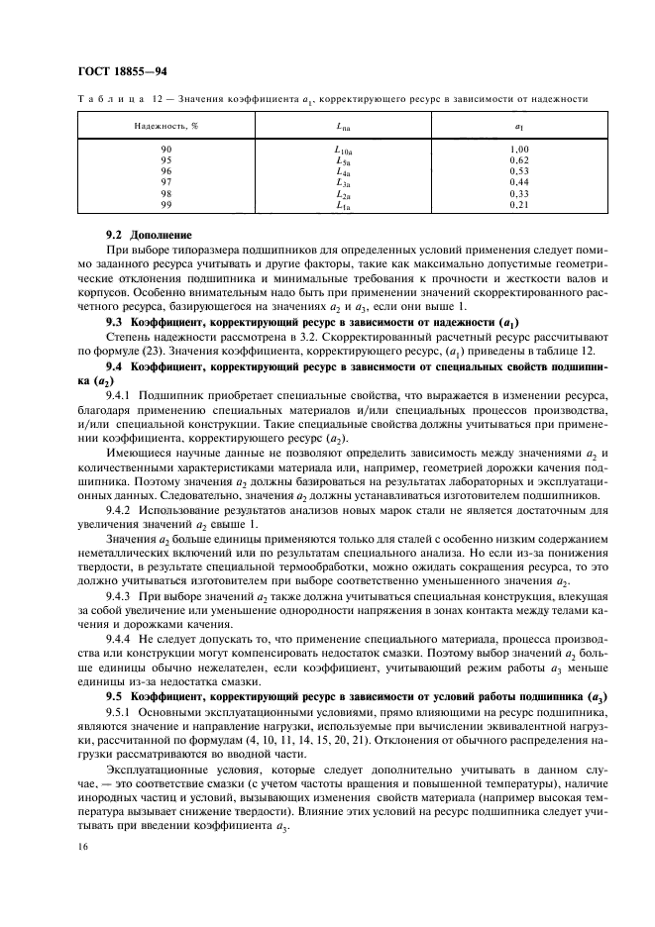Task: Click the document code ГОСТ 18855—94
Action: pyautogui.click(x=108, y=73)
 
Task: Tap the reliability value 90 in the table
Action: pyautogui.click(x=166, y=149)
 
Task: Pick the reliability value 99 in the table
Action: pyautogui.click(x=166, y=205)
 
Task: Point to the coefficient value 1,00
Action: pyautogui.click(x=518, y=149)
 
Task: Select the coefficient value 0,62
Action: pyautogui.click(x=518, y=159)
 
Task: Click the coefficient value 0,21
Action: pyautogui.click(x=518, y=205)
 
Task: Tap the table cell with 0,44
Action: pyautogui.click(x=518, y=182)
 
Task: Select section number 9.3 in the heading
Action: pyautogui.click(x=114, y=323)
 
